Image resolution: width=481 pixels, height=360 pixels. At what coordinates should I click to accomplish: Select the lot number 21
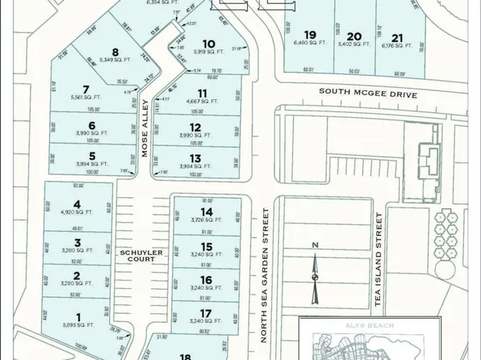396,37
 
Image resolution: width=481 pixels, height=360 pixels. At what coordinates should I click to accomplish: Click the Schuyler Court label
142,256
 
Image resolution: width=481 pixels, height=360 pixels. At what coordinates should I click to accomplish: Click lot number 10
209,44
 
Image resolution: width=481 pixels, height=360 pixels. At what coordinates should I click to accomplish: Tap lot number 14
207,211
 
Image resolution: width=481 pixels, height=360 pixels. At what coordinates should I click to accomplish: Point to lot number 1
77,316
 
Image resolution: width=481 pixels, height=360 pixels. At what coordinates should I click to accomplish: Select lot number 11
202,94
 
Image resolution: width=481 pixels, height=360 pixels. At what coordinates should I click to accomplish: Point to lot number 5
93,156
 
